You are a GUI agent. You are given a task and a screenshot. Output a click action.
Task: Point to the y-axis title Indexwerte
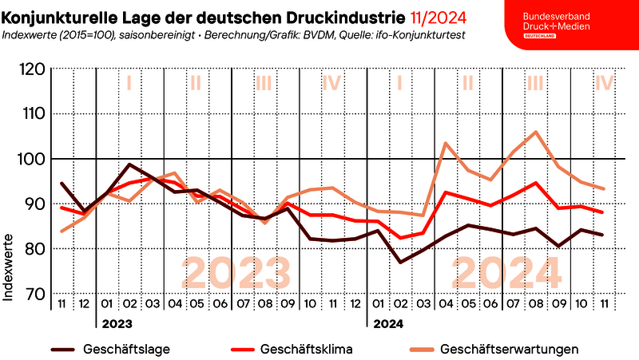[x=10, y=266]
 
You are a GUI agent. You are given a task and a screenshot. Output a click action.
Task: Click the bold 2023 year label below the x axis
[x=117, y=324]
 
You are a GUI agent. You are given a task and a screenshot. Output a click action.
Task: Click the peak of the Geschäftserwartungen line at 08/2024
[x=535, y=132]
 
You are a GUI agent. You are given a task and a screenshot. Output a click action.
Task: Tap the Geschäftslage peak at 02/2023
[x=130, y=165]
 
